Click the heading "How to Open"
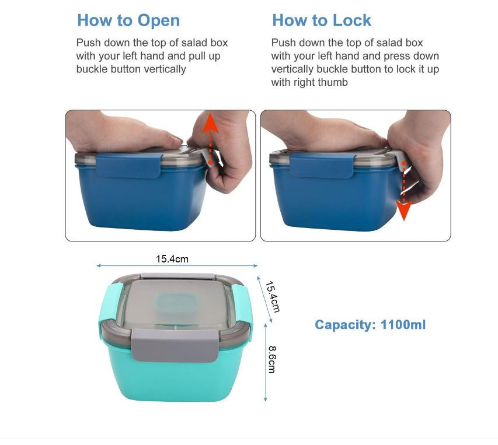128,20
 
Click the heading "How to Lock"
322,20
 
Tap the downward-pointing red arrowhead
403,211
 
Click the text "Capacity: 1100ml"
370,325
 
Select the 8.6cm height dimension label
272,359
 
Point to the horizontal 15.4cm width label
172,259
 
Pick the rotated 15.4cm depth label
272,296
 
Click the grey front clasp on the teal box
175,345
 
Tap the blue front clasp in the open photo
128,165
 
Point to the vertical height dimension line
266,363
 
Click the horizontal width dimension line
177,266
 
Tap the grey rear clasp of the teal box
178,276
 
